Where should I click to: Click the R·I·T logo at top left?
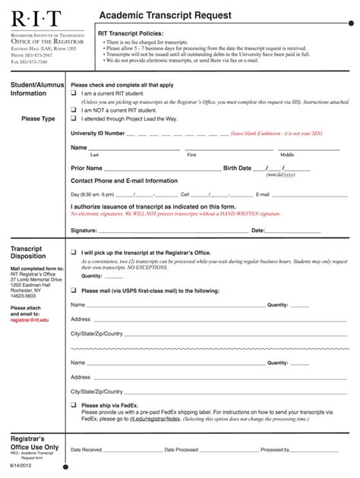(35, 17)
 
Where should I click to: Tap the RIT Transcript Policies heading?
(130, 34)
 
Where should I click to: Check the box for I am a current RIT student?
(74, 93)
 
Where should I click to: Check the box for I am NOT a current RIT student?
(74, 110)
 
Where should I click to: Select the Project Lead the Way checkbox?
(74, 119)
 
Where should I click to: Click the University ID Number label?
(97, 133)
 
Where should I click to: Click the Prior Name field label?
(86, 168)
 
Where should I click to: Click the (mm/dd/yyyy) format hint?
(280, 175)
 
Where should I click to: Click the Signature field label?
(84, 230)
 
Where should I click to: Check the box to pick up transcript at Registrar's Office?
(74, 252)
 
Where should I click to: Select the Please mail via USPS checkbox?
(74, 291)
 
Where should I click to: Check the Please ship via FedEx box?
(74, 405)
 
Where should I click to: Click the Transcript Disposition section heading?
(29, 252)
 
